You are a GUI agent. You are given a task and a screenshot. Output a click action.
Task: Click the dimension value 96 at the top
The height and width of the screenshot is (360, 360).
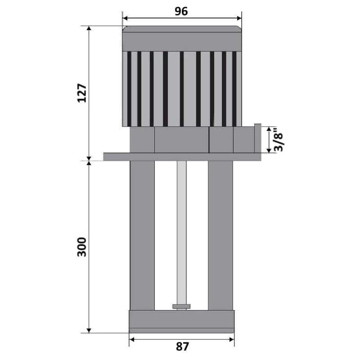[x=181, y=12]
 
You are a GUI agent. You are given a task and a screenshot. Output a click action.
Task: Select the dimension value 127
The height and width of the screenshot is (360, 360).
[x=82, y=93]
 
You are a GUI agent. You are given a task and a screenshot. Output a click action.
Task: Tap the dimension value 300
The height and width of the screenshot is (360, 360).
[x=82, y=247]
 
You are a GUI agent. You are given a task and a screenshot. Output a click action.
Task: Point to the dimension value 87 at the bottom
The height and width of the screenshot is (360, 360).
[x=182, y=346]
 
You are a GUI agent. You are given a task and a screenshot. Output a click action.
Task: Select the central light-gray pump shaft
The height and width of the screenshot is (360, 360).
[x=181, y=229]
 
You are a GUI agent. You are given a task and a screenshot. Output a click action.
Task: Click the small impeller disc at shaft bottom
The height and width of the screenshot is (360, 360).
[x=181, y=306]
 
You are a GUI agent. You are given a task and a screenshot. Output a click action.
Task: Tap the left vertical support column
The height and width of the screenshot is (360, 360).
[x=142, y=234]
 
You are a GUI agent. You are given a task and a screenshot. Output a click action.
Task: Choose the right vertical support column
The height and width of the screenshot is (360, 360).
[x=220, y=234]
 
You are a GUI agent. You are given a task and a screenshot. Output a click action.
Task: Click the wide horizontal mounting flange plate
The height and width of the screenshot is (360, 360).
[x=182, y=157]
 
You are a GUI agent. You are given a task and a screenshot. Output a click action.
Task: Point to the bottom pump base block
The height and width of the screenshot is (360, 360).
[x=182, y=321]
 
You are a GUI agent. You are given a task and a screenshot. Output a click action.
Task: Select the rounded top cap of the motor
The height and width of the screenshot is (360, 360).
[x=182, y=30]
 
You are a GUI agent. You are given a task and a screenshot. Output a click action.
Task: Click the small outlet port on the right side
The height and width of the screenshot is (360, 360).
[x=257, y=138]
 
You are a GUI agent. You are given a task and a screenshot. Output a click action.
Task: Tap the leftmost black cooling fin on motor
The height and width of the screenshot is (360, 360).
[x=129, y=89]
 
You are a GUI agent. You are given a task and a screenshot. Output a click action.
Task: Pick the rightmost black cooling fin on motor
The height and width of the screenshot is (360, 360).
[x=234, y=89]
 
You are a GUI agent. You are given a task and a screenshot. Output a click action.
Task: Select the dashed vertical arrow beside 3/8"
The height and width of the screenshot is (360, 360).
[x=270, y=140]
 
